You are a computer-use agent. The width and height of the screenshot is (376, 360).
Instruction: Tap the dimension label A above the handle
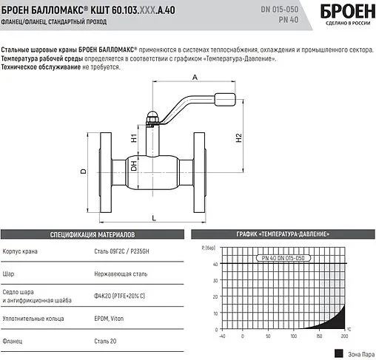195,78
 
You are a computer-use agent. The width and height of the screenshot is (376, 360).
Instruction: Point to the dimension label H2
238,138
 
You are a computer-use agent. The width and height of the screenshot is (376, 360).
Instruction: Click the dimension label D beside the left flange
84,171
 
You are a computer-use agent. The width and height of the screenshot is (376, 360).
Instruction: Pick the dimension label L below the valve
153,217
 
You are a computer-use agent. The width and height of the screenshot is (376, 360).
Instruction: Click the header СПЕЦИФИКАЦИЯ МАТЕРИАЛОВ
91,235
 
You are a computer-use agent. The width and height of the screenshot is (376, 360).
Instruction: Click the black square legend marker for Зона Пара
338,353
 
